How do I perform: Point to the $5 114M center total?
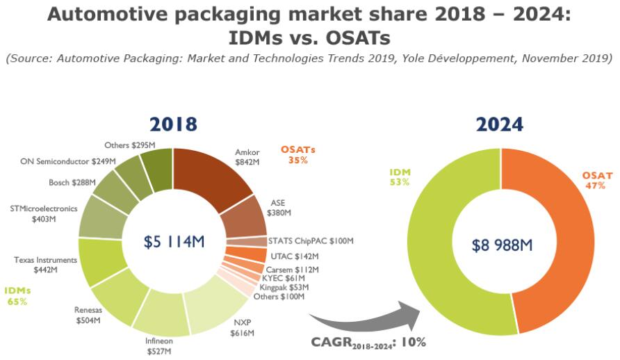point(174,242)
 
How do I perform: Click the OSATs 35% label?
point(298,154)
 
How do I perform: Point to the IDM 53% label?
point(400,176)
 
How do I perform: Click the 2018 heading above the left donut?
point(173,124)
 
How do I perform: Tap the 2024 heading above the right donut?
point(500,124)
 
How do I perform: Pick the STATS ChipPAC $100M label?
point(311,241)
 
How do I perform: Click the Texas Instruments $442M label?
point(45,264)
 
